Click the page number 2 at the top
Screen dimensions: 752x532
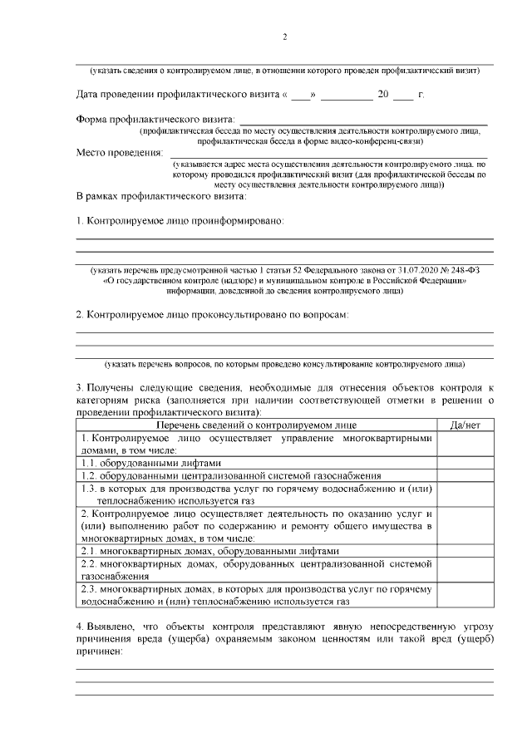point(285,37)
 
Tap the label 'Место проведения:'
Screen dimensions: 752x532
point(120,153)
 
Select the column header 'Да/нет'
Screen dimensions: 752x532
point(465,425)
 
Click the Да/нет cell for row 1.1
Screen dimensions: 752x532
point(465,463)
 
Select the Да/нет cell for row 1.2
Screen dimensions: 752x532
point(465,475)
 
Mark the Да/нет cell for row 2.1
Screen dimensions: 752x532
point(465,550)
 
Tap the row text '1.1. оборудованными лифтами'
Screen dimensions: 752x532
point(151,463)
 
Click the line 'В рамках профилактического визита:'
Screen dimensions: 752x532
point(161,197)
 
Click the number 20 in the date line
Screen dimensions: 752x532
point(383,95)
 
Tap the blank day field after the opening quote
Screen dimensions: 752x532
point(302,95)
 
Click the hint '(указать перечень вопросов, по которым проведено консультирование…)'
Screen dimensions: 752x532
point(285,364)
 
